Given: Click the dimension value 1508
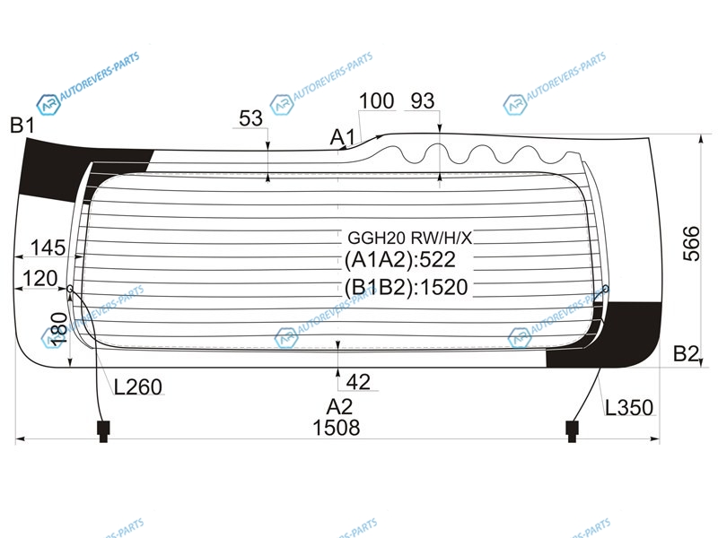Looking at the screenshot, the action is point(336,429).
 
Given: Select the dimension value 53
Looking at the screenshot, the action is point(250,118).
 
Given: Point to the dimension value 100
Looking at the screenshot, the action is point(376,100).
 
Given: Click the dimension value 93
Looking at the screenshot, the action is point(422,100).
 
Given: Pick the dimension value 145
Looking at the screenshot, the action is point(48,248).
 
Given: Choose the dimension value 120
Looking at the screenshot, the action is point(40,278).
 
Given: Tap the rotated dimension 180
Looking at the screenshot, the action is point(58,328).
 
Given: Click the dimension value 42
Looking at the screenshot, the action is point(358,382).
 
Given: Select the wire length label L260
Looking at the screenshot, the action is point(138,387).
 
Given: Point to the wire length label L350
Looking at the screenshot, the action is point(629,407).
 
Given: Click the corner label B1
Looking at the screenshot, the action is point(22,125).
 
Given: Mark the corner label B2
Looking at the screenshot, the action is point(687,353).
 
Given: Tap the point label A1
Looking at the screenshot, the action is point(343,137).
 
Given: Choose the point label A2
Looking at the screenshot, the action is point(340,407).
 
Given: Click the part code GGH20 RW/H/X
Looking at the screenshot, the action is point(410,238).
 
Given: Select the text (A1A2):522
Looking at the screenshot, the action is point(399,260).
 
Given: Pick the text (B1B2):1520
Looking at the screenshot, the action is point(407,287).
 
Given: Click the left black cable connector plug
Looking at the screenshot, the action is point(103,431).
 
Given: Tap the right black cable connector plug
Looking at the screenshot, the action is point(572,431).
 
